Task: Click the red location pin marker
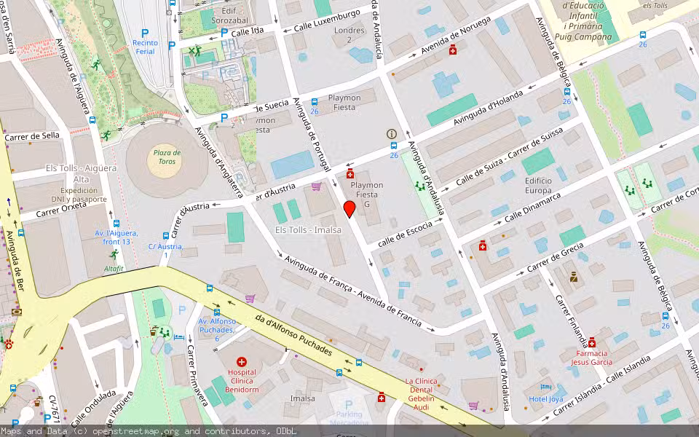pyautogui.click(x=349, y=209)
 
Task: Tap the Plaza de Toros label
pyautogui.click(x=167, y=157)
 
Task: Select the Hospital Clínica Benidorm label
pyautogui.click(x=242, y=380)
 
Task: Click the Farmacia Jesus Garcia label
pyautogui.click(x=591, y=357)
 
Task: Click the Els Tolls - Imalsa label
pyautogui.click(x=308, y=230)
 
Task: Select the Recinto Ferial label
pyautogui.click(x=144, y=47)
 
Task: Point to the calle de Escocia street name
pyautogui.click(x=406, y=232)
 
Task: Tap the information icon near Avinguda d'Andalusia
pyautogui.click(x=392, y=134)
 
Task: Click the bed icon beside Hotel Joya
pyautogui.click(x=542, y=387)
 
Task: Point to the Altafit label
pyautogui.click(x=114, y=269)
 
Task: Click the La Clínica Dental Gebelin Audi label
pyautogui.click(x=420, y=395)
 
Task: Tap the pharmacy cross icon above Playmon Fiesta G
pyautogui.click(x=350, y=173)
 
